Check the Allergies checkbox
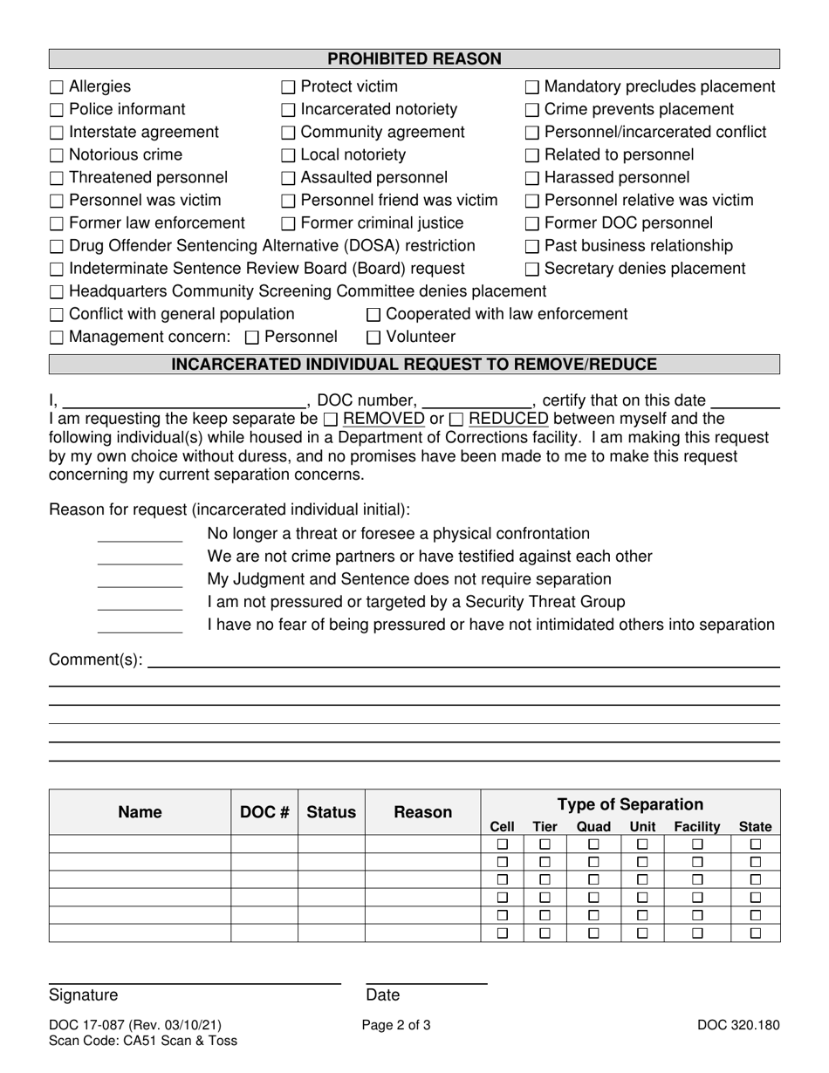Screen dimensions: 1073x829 pos(57,87)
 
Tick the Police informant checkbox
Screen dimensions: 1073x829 pos(57,110)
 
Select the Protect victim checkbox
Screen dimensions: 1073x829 pos(289,87)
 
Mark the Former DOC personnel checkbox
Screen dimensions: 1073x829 pos(532,224)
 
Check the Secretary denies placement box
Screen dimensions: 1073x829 pos(532,270)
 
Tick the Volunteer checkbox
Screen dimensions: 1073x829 pos(374,338)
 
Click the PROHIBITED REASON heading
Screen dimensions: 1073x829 pos(414,59)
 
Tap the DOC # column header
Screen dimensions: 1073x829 pos(264,812)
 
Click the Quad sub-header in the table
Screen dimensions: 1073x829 pos(593,826)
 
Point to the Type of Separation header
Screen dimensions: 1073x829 pos(630,804)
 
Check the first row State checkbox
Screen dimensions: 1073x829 pos(756,844)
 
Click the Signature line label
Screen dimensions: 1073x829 pos(84,995)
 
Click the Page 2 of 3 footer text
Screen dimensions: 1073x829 pos(396,1026)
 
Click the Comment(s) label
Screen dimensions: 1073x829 pos(96,660)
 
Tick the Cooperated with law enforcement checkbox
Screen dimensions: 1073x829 pos(374,315)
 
